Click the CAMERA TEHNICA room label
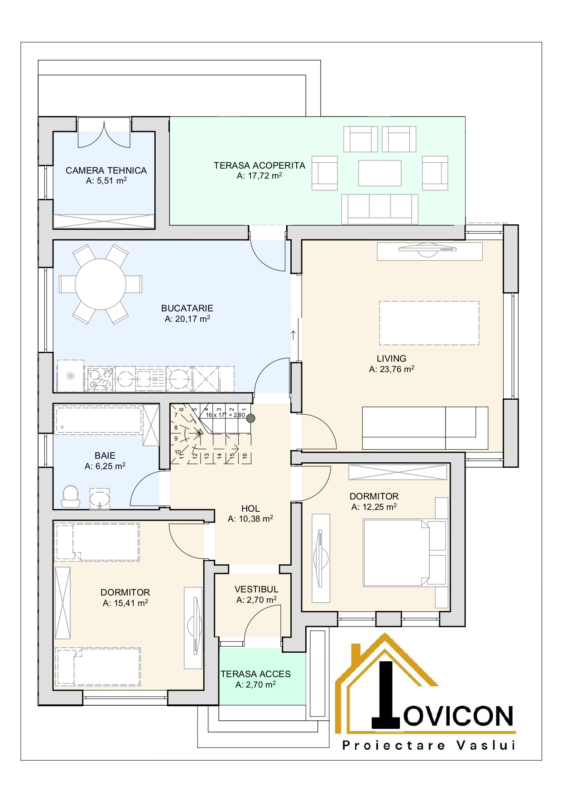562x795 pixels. (106, 170)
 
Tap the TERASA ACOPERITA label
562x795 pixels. (259, 165)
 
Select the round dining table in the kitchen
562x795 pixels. (101, 284)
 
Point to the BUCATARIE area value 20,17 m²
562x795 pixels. (187, 319)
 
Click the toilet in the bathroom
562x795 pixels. (70, 497)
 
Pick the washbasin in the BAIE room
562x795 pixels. (100, 499)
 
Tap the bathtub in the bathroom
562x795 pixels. (98, 420)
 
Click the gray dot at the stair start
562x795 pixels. (250, 418)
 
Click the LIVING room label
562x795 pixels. (391, 359)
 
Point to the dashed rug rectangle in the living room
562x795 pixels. (429, 323)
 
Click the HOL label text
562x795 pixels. (250, 509)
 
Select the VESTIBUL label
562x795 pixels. (256, 589)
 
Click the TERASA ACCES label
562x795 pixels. (255, 674)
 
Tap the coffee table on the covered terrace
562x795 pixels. (380, 173)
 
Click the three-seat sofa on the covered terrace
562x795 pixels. (379, 209)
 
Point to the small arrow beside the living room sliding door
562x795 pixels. (293, 335)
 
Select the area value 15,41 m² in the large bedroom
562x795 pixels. (125, 603)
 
